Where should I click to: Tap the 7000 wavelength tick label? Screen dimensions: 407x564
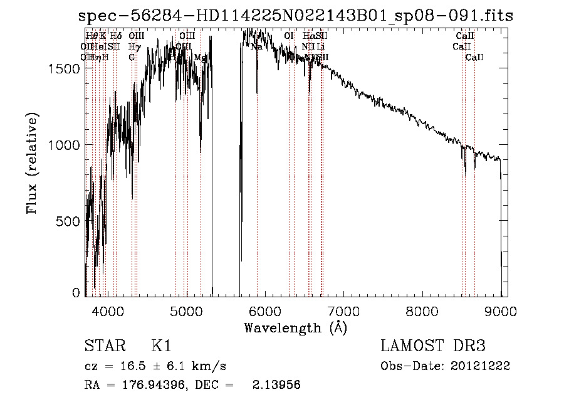[x=344, y=311]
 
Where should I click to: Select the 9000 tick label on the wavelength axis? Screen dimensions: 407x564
[x=501, y=311]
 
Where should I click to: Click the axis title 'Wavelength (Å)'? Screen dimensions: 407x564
[x=295, y=327]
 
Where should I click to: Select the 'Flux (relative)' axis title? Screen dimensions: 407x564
[x=32, y=163]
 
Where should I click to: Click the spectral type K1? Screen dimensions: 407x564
[x=160, y=346]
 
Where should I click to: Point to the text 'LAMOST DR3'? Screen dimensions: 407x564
[x=433, y=346]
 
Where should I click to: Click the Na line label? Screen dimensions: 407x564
[x=256, y=46]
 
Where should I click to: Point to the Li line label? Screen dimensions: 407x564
[x=320, y=46]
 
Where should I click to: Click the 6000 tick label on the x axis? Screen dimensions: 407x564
[x=265, y=311]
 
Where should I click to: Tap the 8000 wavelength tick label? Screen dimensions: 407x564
[x=422, y=311]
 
